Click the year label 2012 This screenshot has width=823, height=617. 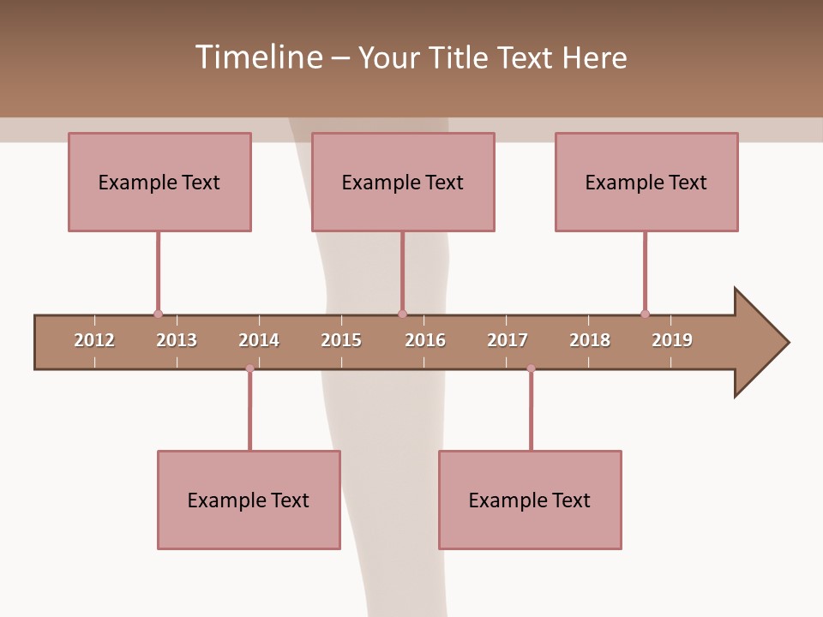[x=94, y=340]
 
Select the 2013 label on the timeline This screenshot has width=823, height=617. [x=177, y=340]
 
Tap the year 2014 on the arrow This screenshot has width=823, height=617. [x=259, y=340]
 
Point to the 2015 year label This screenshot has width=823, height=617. [x=341, y=340]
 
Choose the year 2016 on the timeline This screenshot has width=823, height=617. [x=425, y=340]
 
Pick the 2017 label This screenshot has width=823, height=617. [x=508, y=340]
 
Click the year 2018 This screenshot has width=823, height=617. [x=590, y=340]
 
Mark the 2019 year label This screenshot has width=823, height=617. [x=672, y=340]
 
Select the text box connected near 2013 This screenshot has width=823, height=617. [x=159, y=183]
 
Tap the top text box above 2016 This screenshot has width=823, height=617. [x=403, y=183]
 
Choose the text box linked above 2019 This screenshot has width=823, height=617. [x=646, y=183]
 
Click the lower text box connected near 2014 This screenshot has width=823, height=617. [x=249, y=500]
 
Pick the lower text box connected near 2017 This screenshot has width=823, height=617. [x=530, y=500]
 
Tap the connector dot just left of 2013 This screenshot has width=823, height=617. [x=158, y=314]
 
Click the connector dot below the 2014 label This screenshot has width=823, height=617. [x=249, y=368]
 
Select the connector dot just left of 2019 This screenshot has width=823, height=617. [x=645, y=314]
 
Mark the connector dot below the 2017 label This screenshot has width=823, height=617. [x=531, y=368]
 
